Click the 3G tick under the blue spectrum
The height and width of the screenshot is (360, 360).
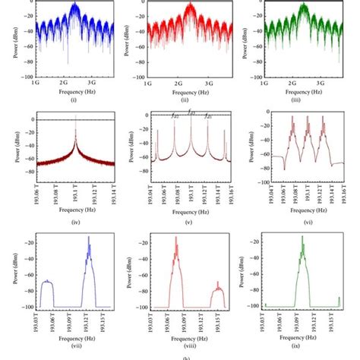coord(91,81)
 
